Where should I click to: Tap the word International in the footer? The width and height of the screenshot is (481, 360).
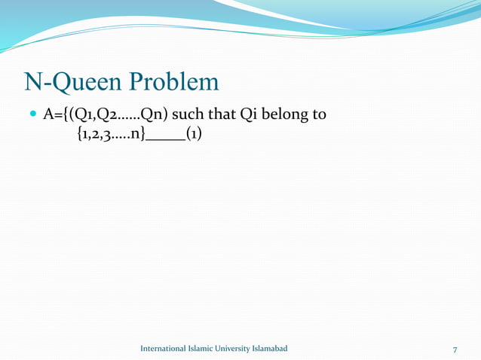[166, 349]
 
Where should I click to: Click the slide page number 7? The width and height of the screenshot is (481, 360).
[455, 349]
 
